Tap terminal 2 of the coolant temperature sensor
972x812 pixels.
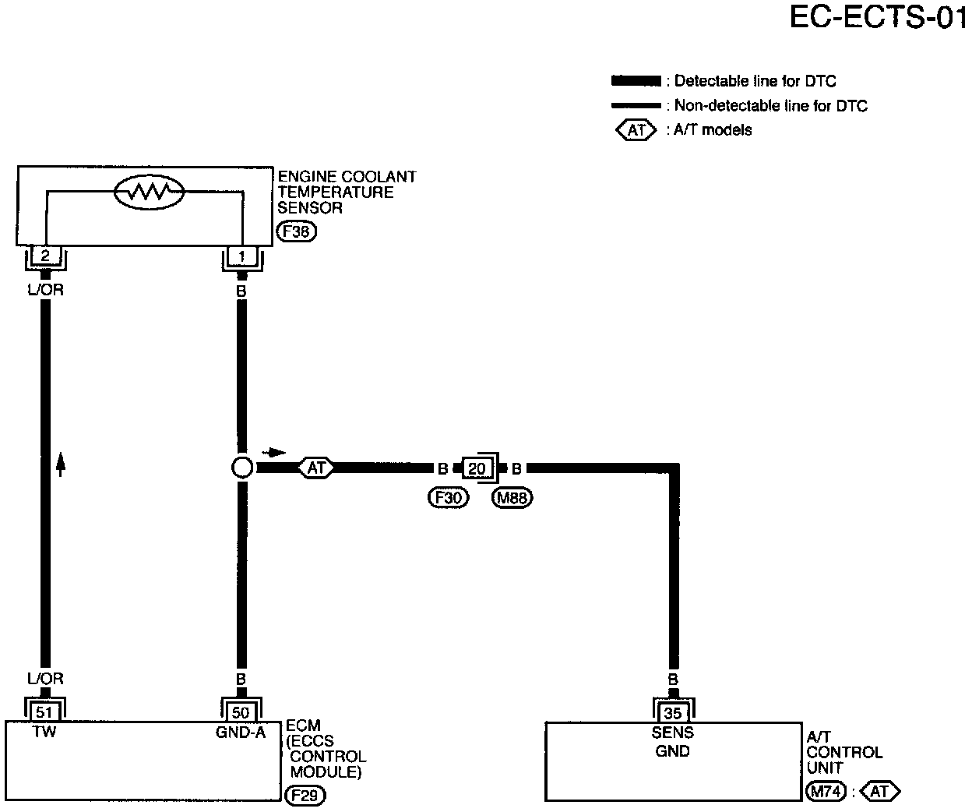coord(45,256)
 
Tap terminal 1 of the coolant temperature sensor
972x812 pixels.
coord(241,256)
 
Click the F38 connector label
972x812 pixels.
coord(297,231)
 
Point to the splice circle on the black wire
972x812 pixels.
coord(242,468)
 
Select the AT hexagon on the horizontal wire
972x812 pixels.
coord(315,468)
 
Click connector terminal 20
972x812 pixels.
coord(477,468)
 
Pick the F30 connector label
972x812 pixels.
coord(448,497)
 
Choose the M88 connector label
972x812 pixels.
coord(512,497)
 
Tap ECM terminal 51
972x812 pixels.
coord(45,711)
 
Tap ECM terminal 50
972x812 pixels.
coord(241,711)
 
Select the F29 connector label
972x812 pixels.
coord(305,795)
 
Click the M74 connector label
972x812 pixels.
coord(824,792)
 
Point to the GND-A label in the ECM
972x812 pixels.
coord(241,733)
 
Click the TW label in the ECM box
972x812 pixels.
coord(44,733)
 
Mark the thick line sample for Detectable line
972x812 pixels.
coord(636,81)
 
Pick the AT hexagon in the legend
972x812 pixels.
coord(637,129)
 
